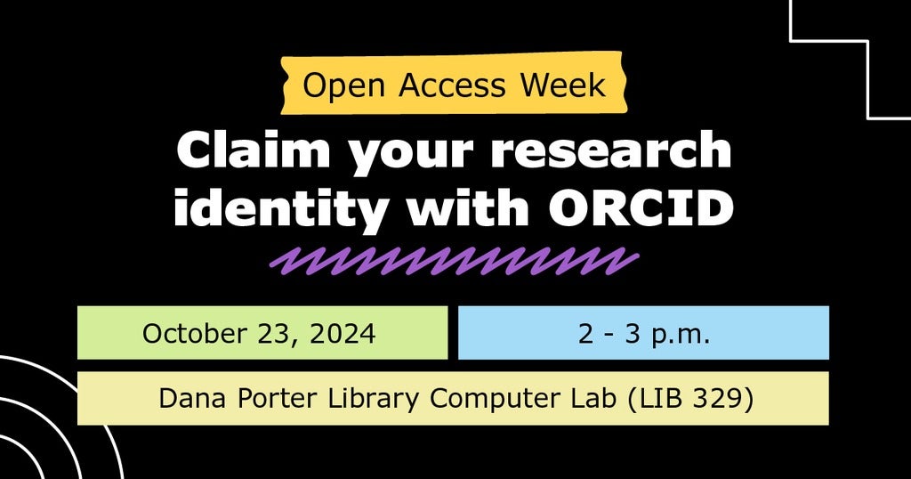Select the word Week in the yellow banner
click(x=563, y=85)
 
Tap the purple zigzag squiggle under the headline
click(x=454, y=260)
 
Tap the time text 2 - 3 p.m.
click(x=643, y=334)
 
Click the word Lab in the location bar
click(x=594, y=398)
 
